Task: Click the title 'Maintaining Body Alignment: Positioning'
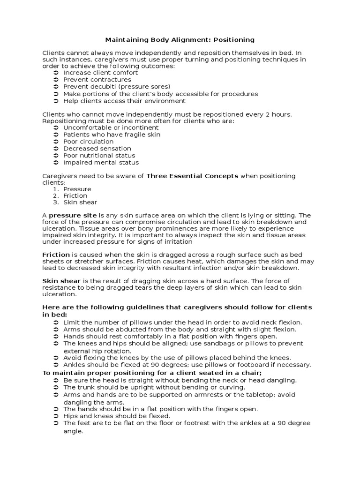click(180, 40)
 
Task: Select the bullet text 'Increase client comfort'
click(100, 73)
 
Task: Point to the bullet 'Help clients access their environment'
click(124, 101)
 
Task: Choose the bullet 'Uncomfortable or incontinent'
click(111, 127)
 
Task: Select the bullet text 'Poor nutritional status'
click(99, 156)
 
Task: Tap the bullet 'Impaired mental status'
click(101, 163)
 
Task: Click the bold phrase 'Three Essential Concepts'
click(192, 176)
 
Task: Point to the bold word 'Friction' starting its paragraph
click(56, 254)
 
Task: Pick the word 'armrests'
click(210, 395)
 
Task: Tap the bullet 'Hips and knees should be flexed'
click(117, 416)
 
